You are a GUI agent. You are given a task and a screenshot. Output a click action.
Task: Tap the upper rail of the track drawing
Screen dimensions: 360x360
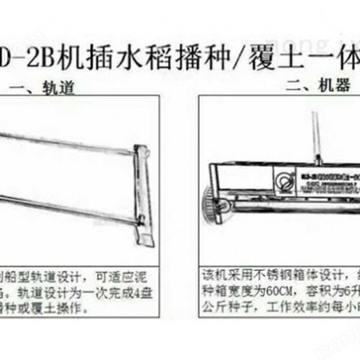pos(72,135)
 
